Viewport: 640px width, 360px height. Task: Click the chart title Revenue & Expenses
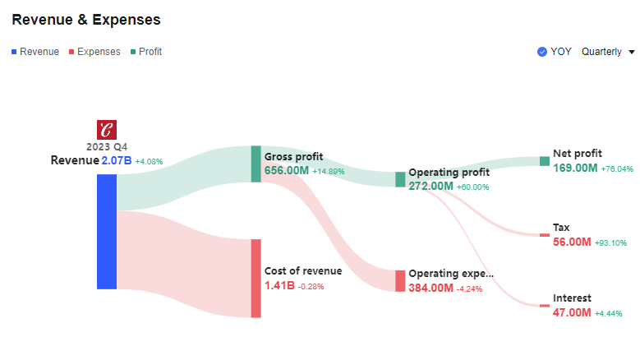[86, 19]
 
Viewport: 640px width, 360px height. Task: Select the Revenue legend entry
[35, 52]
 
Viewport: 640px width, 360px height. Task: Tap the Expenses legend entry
[94, 52]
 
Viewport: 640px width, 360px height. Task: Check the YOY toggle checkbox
[542, 52]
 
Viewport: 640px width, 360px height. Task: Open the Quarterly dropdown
[608, 52]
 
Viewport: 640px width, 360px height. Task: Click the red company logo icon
[107, 130]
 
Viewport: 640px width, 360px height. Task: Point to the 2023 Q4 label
[107, 146]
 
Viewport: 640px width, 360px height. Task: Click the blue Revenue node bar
[107, 231]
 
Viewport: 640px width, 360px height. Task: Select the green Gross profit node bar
[256, 164]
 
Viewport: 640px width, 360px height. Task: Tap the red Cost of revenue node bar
[256, 278]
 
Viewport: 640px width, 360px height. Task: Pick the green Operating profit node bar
[400, 179]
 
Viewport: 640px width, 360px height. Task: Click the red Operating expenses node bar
[400, 280]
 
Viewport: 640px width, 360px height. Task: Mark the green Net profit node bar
[544, 161]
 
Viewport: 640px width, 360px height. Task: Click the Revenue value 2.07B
[116, 161]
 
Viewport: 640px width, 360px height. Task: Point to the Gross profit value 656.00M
[286, 171]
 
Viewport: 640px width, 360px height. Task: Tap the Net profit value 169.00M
[575, 168]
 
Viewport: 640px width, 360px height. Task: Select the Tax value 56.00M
[572, 242]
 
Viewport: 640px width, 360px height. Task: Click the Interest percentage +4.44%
[609, 314]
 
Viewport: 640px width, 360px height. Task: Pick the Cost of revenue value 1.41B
[279, 286]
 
